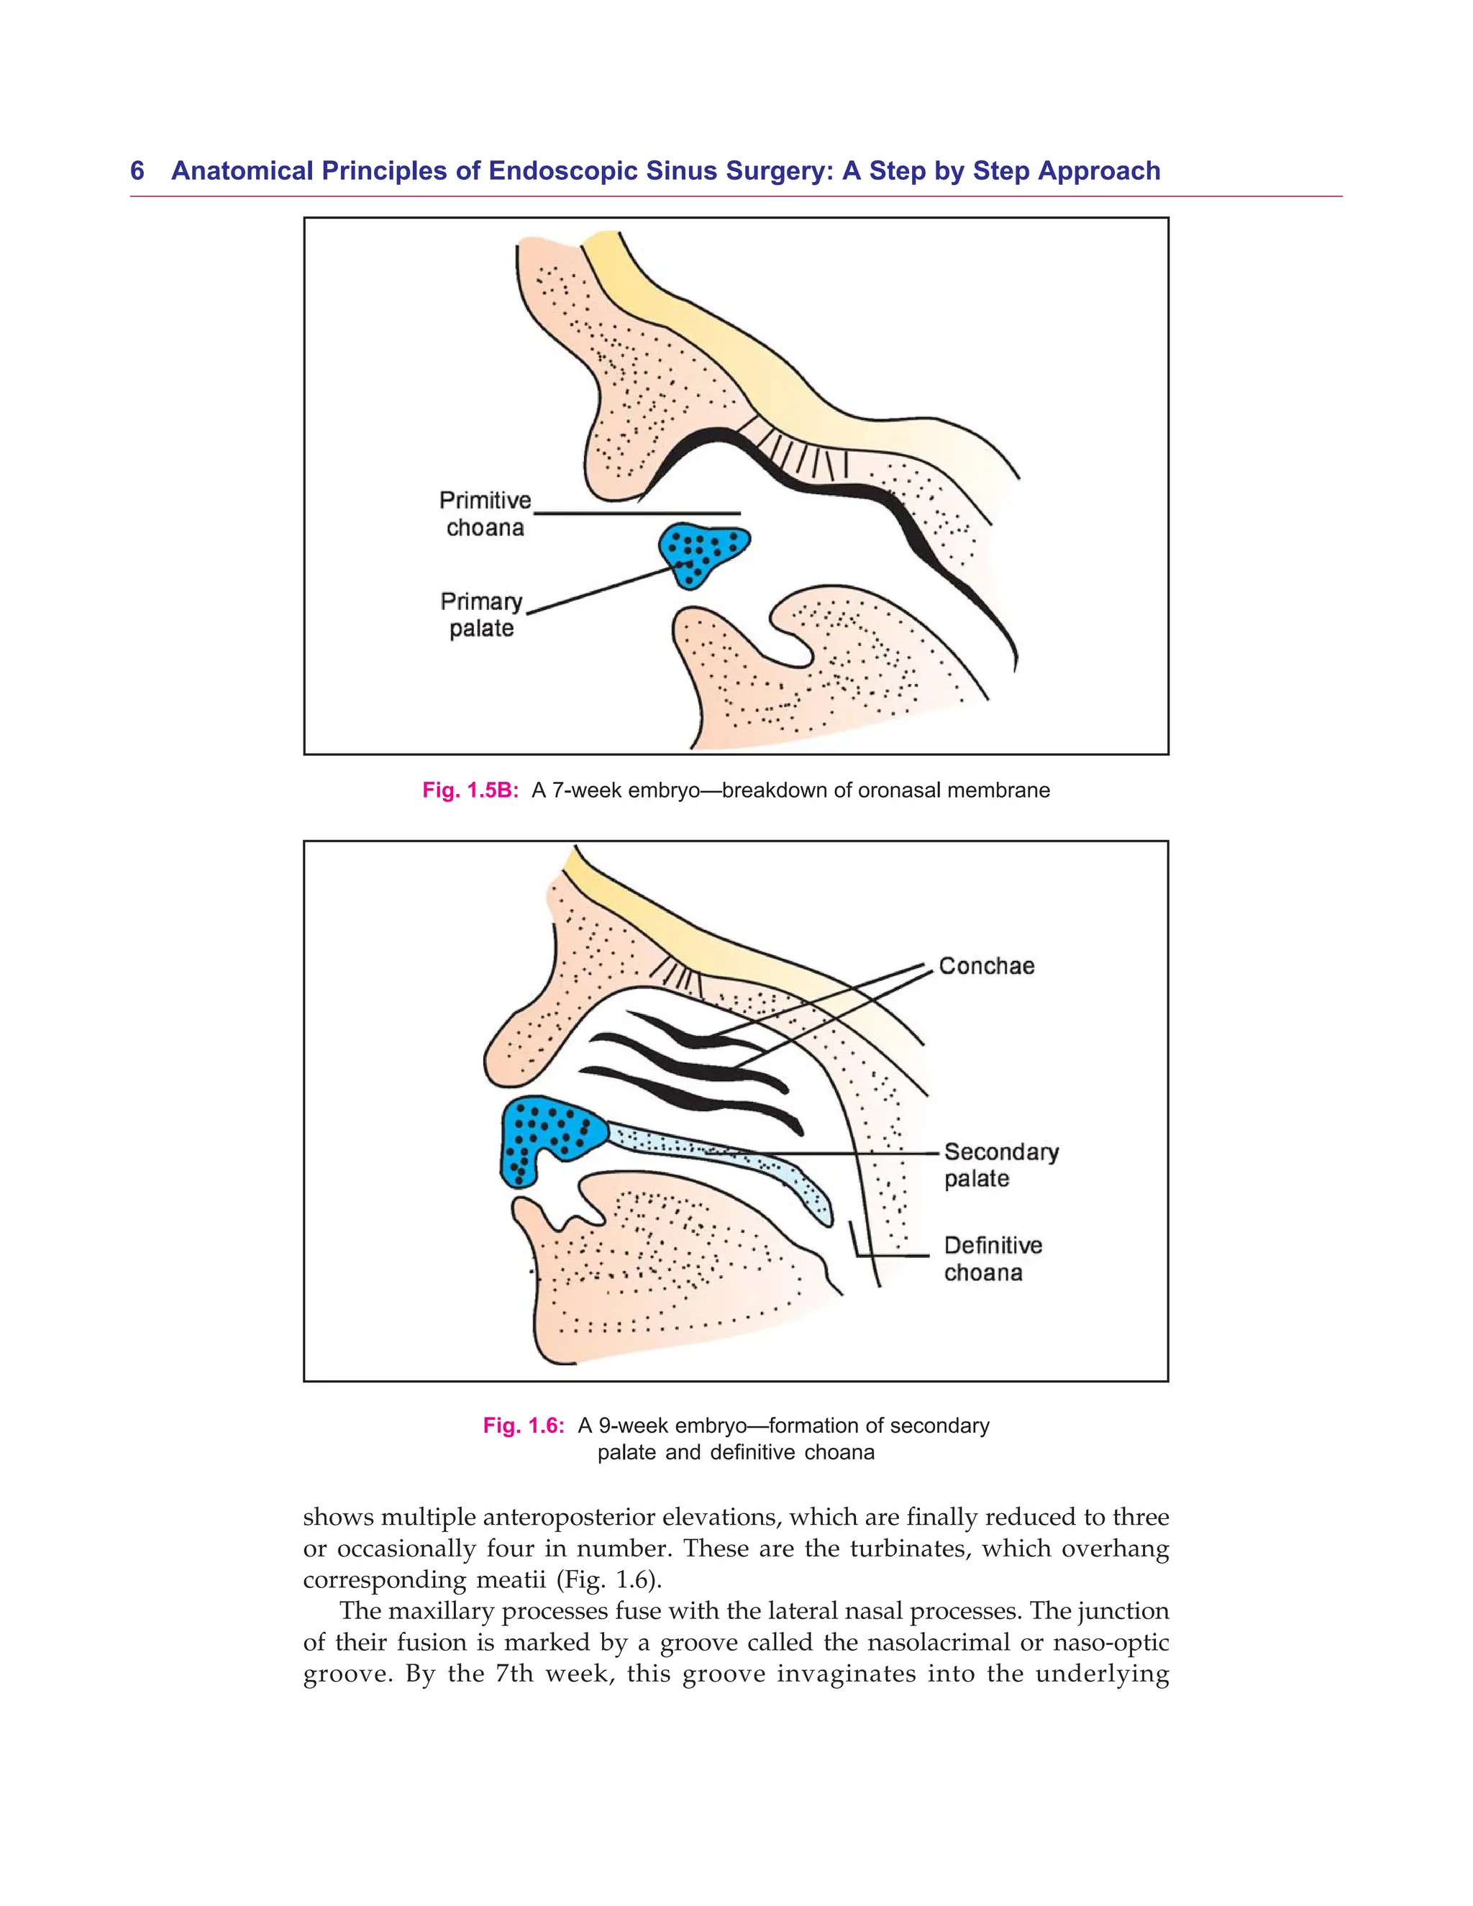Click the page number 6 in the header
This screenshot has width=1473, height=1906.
(137, 171)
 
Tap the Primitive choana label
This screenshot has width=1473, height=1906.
(485, 514)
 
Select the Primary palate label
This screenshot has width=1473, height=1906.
(482, 614)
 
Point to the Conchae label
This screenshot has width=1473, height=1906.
(986, 966)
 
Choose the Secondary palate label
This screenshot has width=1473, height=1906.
(1000, 1165)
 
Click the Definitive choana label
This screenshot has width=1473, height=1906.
(992, 1259)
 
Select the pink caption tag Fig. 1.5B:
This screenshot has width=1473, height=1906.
(471, 790)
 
